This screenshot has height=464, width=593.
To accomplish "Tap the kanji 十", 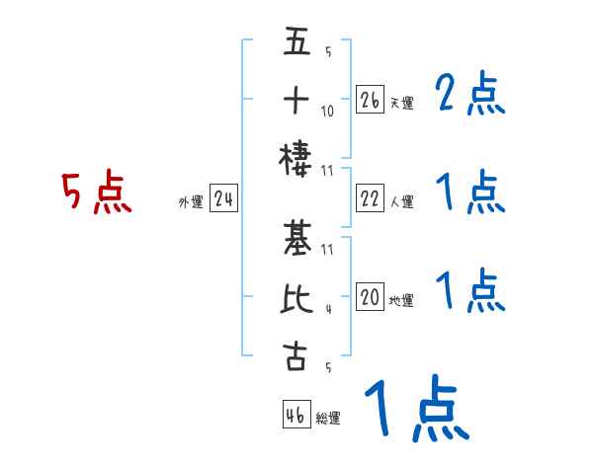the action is (x=296, y=102).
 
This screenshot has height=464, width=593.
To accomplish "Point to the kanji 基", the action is (x=296, y=241).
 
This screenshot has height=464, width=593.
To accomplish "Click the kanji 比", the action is (x=296, y=298).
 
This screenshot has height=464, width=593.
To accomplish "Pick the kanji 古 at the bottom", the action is (x=296, y=356).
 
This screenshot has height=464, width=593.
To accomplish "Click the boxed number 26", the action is (x=371, y=100).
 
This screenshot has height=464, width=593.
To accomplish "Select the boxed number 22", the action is (x=371, y=198).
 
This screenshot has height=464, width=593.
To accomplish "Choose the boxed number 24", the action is (x=223, y=200).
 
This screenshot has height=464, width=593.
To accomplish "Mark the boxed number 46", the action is (x=296, y=415).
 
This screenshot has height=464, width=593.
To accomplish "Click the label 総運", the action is (x=328, y=419).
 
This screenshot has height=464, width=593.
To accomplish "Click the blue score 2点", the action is (x=470, y=95).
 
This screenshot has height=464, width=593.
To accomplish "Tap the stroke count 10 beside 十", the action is (x=327, y=112).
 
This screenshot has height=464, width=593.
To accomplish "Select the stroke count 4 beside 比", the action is (x=327, y=308).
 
